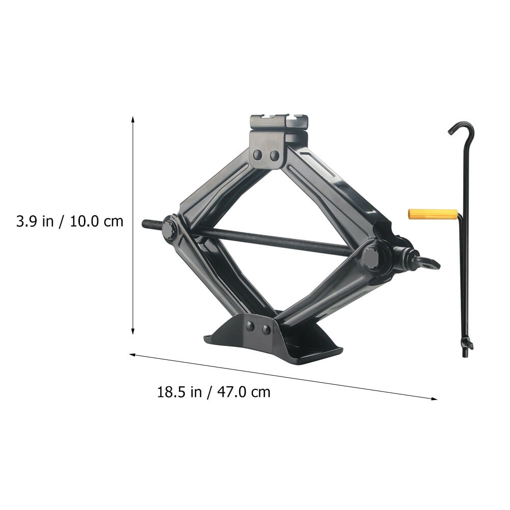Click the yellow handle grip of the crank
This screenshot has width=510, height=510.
click(433, 214)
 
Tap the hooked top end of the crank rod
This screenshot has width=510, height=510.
click(461, 127)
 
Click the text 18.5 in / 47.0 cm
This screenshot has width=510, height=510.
click(214, 392)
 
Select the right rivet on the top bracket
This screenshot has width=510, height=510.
click(274, 154)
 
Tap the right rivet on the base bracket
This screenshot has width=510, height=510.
click(266, 329)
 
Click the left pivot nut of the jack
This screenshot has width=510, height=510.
click(169, 229)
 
